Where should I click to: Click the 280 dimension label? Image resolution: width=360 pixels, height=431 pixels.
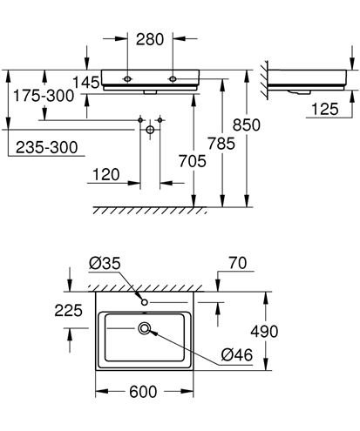150,39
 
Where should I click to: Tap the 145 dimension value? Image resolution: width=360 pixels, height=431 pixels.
86,83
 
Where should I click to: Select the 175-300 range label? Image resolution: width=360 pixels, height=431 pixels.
44,96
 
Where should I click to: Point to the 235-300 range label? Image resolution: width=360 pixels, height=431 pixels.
47,147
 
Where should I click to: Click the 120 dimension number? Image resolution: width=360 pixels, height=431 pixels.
106,175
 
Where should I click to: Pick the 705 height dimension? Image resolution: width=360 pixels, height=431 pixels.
193,161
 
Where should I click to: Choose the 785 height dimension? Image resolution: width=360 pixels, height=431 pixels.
221,144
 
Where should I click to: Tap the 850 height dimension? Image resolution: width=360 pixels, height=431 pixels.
247,125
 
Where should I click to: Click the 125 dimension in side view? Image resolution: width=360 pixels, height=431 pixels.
325,110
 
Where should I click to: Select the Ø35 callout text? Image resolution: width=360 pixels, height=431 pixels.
105,264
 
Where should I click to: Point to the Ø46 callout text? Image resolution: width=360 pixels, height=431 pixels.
237,354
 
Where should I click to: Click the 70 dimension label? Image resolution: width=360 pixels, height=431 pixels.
238,263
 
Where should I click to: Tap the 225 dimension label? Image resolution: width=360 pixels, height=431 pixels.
69,311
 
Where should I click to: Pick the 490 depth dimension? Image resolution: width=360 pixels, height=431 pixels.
264,331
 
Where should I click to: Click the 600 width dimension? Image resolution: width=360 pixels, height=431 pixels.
143,392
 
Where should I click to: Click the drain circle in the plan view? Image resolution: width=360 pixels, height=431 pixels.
145,328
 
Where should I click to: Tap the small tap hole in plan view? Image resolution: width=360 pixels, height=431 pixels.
145,302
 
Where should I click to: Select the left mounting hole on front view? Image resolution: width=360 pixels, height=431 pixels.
127,79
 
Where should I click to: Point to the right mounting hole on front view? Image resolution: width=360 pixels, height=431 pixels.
173,79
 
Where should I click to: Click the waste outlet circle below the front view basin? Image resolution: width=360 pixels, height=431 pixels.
150,130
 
